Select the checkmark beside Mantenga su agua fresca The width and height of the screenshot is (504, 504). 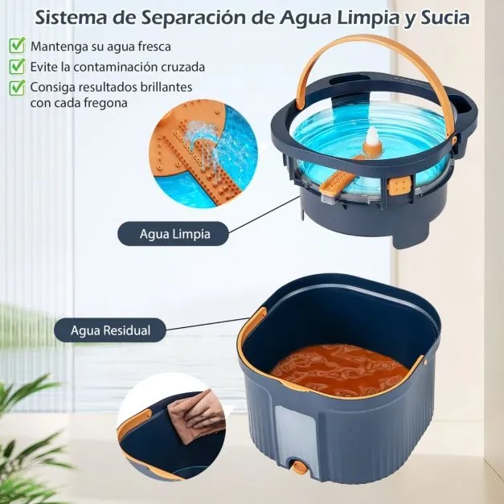pyautogui.click(x=17, y=46)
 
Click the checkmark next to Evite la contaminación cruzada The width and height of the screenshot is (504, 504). pyautogui.click(x=17, y=66)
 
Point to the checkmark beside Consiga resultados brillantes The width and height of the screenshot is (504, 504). pyautogui.click(x=17, y=85)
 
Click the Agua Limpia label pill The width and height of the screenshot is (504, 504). pyautogui.click(x=174, y=234)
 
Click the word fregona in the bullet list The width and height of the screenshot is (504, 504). pyautogui.click(x=106, y=103)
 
